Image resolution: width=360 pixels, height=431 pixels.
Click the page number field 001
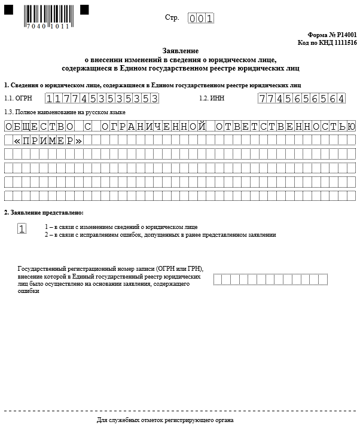pos(200,19)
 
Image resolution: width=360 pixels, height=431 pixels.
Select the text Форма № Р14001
pos(332,36)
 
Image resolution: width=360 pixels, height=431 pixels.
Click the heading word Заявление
pos(180,52)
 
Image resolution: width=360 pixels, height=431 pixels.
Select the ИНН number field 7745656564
pos(301,99)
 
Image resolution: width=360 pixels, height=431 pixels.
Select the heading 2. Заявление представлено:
pos(44,213)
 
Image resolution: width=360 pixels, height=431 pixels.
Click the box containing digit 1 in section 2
pos(22,229)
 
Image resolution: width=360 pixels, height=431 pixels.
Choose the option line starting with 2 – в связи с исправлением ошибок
pos(160,235)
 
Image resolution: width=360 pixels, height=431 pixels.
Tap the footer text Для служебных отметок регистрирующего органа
pos(179,421)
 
